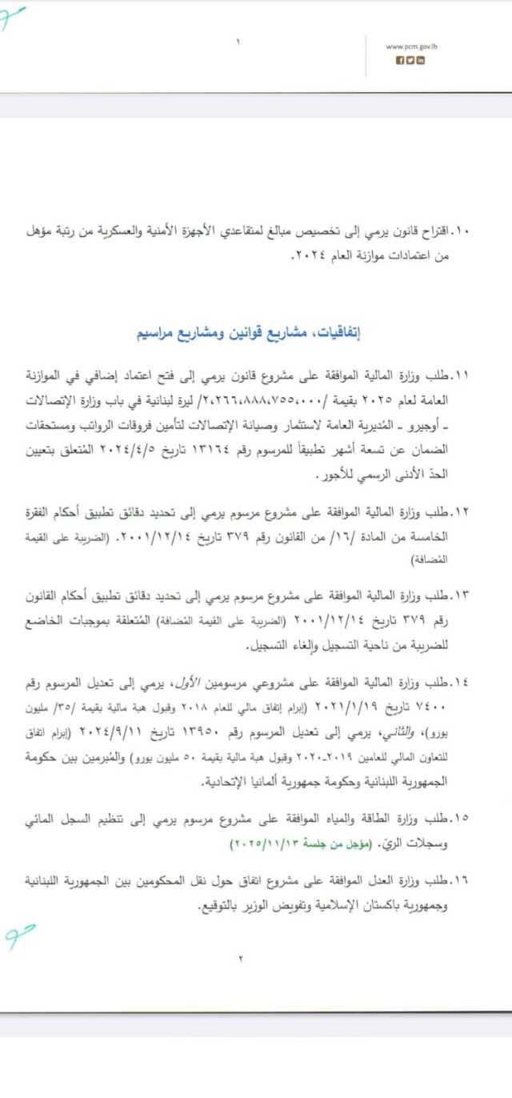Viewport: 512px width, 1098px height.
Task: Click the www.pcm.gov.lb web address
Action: pyautogui.click(x=411, y=46)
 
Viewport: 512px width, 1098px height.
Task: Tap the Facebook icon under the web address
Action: pyautogui.click(x=400, y=61)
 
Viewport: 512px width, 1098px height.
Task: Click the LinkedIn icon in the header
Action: pyautogui.click(x=421, y=61)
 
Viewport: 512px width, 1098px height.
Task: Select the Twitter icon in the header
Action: pyautogui.click(x=410, y=61)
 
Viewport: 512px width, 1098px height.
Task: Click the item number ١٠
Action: pyautogui.click(x=461, y=231)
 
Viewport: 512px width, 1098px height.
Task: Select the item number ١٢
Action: pyautogui.click(x=461, y=510)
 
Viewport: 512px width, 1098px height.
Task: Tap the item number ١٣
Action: pyautogui.click(x=461, y=595)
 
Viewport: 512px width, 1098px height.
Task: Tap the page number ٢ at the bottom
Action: pyautogui.click(x=239, y=958)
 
